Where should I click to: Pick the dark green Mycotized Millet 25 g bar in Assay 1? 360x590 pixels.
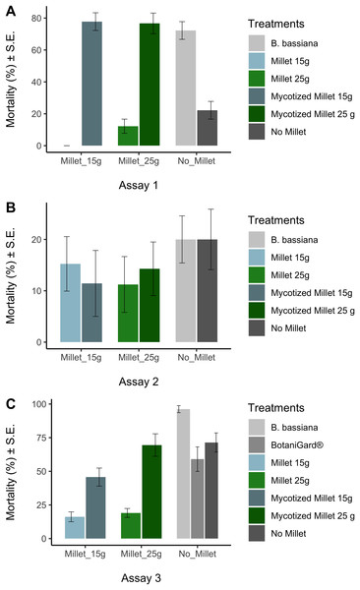click(x=150, y=87)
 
